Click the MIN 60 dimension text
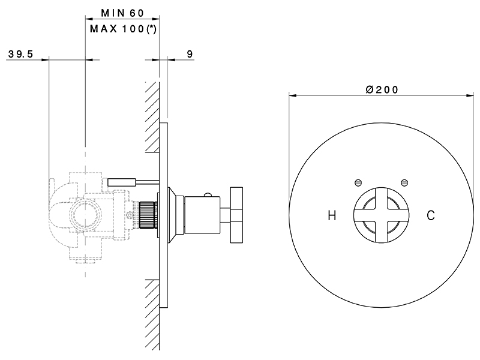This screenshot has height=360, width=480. click(122, 13)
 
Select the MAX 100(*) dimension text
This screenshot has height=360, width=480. click(122, 28)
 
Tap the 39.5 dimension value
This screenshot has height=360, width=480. click(20, 54)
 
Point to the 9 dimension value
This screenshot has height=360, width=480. click(190, 54)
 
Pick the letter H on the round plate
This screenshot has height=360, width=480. click(332, 214)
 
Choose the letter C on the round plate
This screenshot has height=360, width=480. click(430, 214)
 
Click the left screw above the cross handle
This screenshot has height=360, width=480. click(359, 181)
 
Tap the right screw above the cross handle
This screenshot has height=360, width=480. click(404, 181)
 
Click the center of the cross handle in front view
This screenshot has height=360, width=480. click(381, 214)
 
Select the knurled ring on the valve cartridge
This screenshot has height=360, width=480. click(146, 215)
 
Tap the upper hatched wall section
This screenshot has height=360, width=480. click(152, 116)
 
